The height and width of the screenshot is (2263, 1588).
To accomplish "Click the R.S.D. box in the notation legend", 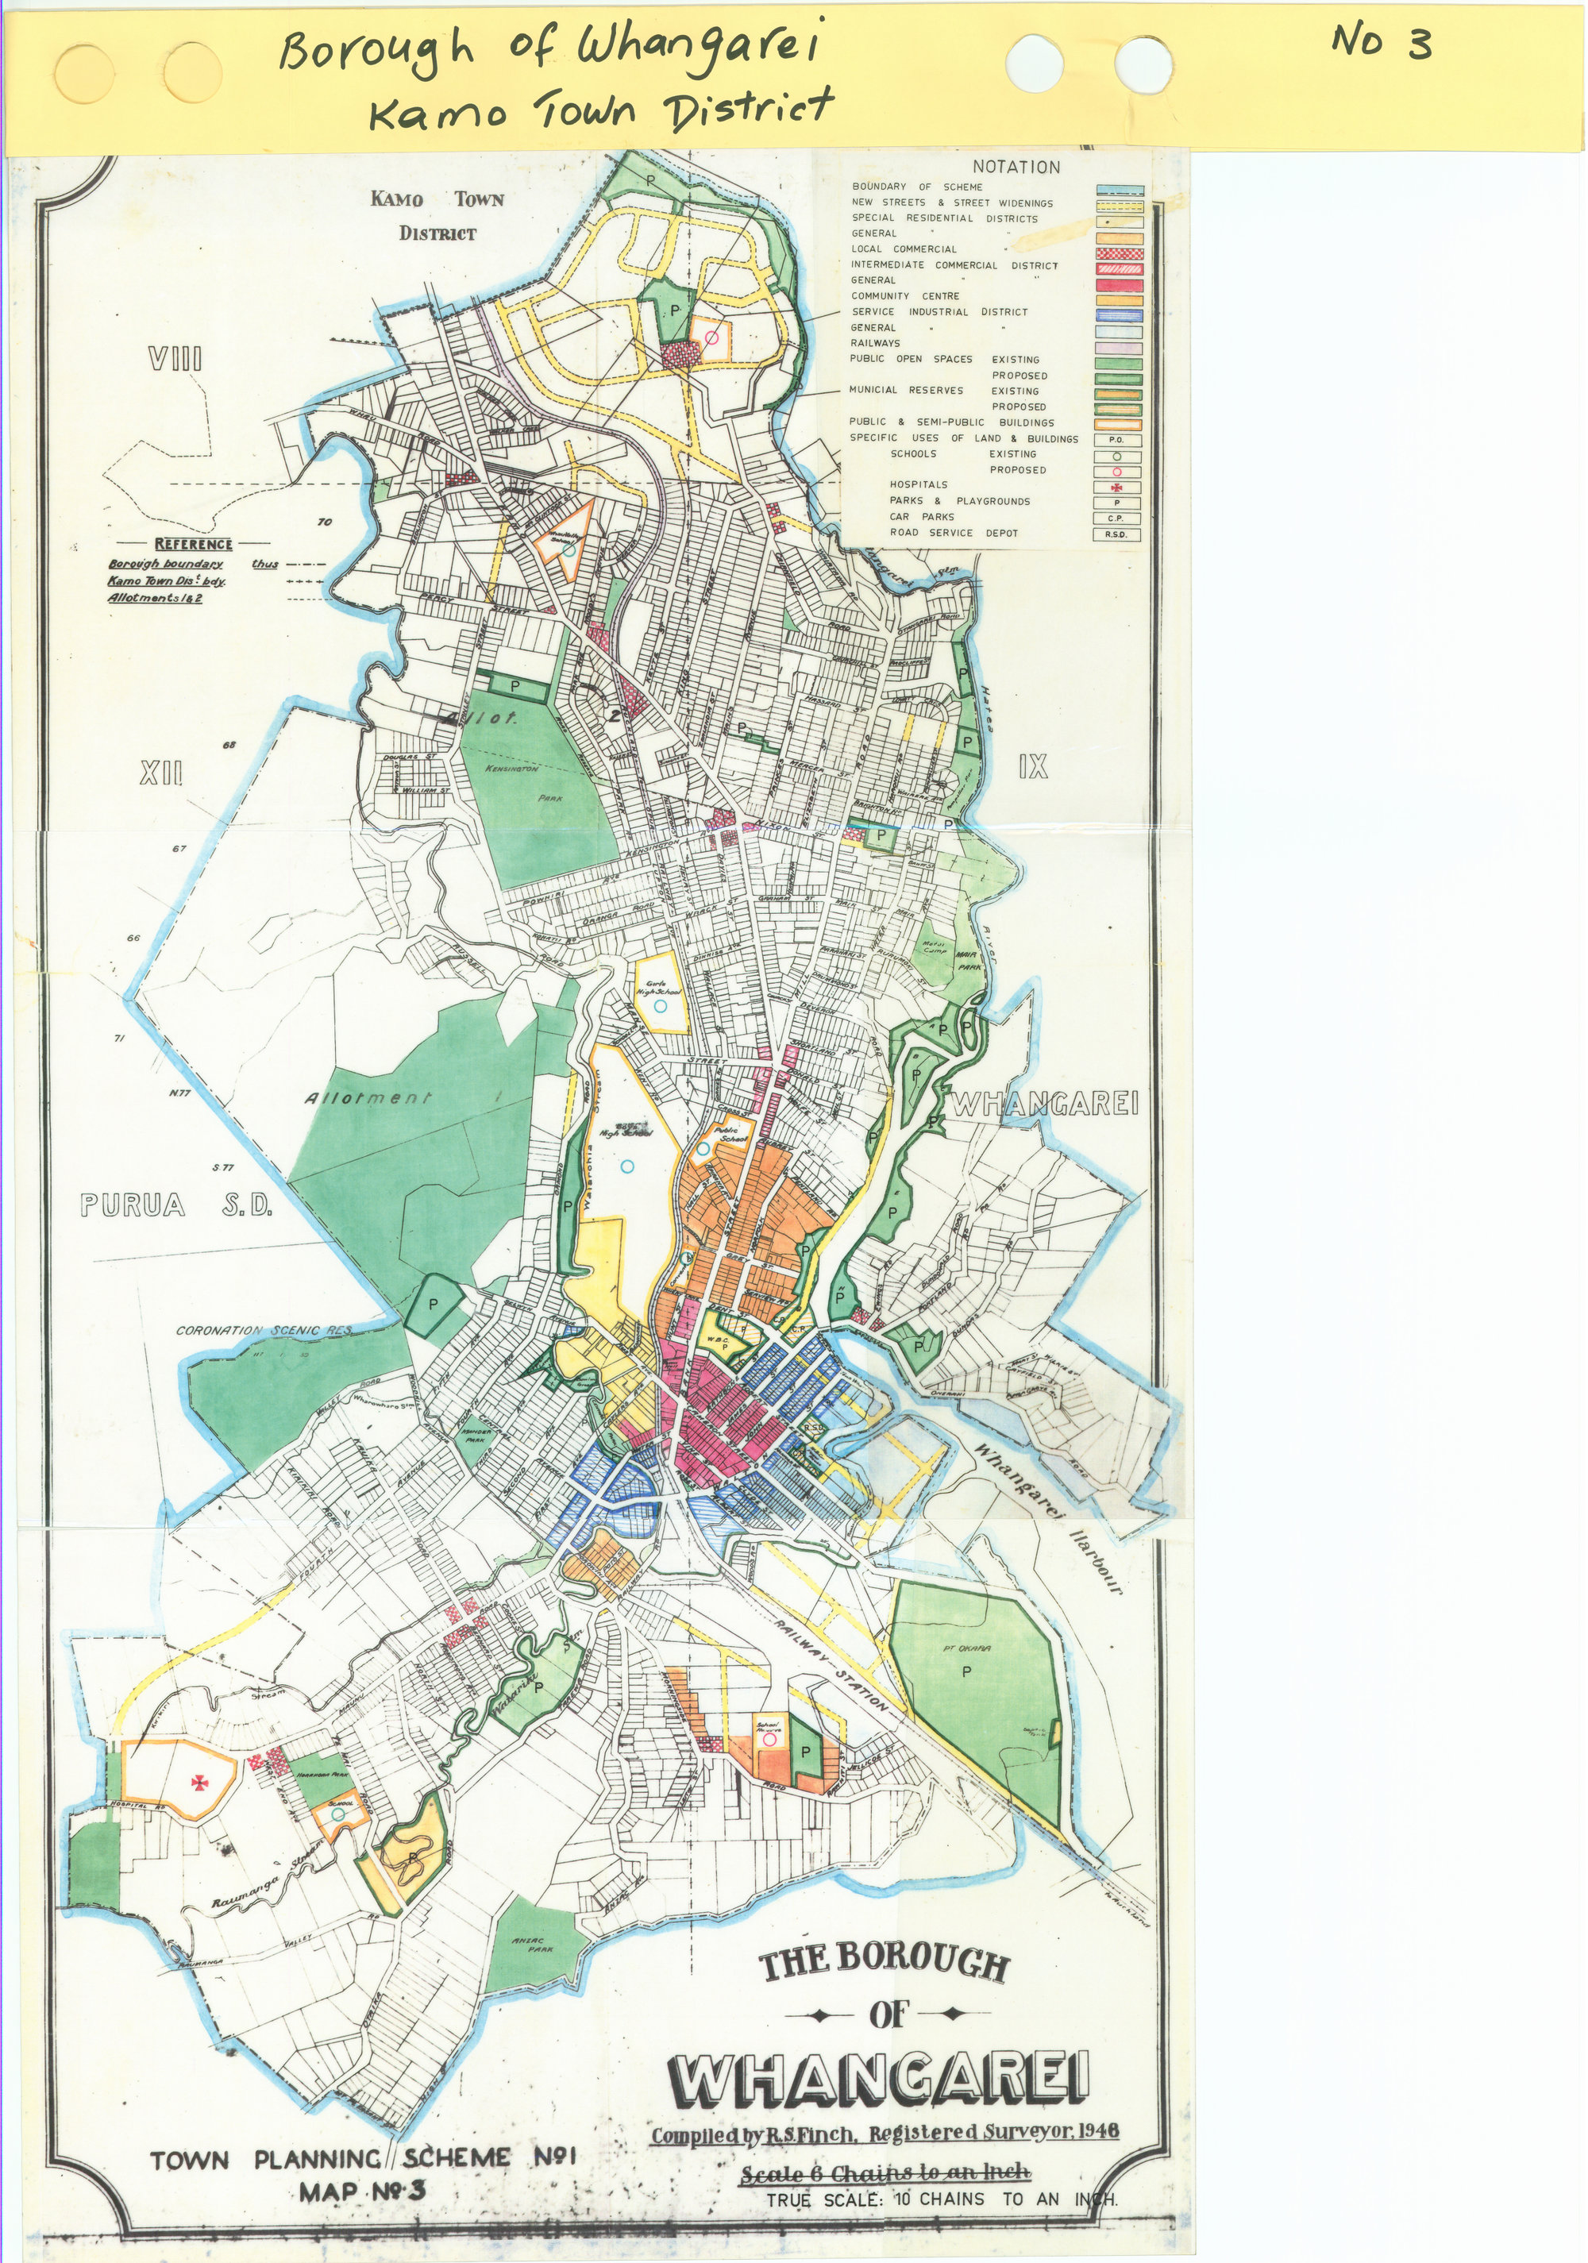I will [x=1117, y=535].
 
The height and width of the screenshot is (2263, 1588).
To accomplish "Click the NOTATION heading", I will [x=1016, y=168].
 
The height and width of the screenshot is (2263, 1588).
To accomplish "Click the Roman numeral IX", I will [x=1033, y=767].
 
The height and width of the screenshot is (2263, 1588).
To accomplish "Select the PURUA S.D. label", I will [x=175, y=1205].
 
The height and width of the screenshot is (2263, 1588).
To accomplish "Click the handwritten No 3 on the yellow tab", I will [x=1381, y=42].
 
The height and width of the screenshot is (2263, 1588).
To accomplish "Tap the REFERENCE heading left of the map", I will [x=193, y=544].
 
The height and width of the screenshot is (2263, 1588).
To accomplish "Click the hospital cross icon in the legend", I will [x=1117, y=488].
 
